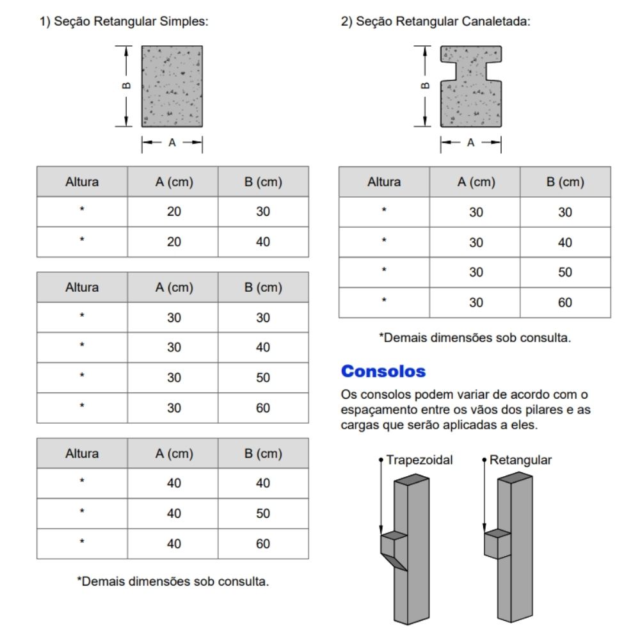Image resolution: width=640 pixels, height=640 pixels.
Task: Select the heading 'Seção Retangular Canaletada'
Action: (441, 21)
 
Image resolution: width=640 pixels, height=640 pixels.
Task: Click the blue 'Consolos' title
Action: (383, 371)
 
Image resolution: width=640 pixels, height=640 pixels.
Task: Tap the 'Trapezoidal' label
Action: (420, 460)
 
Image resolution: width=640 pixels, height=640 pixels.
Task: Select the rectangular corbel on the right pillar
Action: (497, 543)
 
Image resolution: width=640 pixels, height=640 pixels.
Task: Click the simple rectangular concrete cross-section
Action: (172, 86)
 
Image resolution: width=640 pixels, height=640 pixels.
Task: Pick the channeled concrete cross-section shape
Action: (470, 86)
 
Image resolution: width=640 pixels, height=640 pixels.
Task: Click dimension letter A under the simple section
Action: (172, 143)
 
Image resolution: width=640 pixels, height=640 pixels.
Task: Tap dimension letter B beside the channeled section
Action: (425, 85)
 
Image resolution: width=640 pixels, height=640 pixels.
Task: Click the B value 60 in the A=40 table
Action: (263, 543)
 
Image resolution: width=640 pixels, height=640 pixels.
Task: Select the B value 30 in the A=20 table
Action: (263, 211)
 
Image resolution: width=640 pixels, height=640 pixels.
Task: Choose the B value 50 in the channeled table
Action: (565, 272)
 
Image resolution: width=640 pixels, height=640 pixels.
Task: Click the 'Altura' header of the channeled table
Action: (384, 182)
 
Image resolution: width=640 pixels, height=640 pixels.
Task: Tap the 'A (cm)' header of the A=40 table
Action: (173, 453)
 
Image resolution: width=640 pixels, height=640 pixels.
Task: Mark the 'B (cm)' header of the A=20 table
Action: (263, 182)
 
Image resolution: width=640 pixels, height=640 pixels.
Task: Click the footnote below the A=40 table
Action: (173, 582)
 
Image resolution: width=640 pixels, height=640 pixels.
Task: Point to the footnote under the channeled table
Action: (474, 337)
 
